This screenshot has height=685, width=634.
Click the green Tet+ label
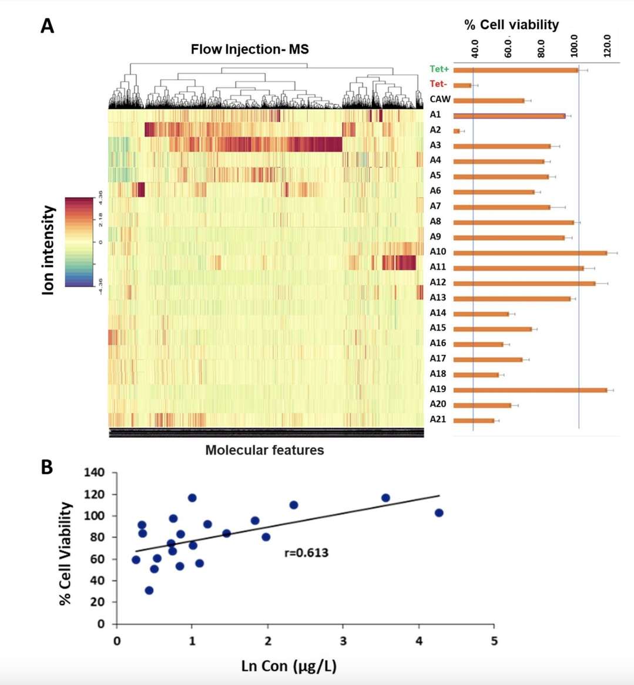(x=439, y=69)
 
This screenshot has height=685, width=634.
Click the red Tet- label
(x=438, y=84)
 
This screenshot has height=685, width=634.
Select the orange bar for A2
(x=457, y=131)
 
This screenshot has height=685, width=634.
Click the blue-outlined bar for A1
(x=509, y=116)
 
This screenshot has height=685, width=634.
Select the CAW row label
(x=440, y=99)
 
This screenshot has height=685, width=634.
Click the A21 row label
(x=438, y=419)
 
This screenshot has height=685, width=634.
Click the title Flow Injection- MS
(x=249, y=49)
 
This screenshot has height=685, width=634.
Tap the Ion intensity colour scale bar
(x=79, y=241)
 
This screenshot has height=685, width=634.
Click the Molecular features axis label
(x=264, y=450)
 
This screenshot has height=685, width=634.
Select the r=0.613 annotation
(x=306, y=552)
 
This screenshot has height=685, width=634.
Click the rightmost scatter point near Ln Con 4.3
(x=438, y=513)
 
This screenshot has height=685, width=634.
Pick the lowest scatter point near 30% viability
(x=149, y=590)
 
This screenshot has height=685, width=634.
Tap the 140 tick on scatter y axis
(x=94, y=473)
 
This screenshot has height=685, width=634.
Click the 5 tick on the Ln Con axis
(x=494, y=640)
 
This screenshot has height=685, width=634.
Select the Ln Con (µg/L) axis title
(x=289, y=666)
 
